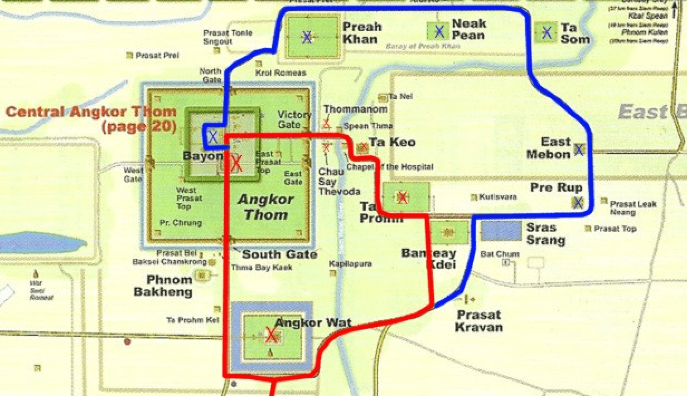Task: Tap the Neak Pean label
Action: click(468, 30)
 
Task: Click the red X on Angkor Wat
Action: click(271, 335)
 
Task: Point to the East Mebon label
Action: click(548, 148)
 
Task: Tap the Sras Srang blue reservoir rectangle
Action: click(501, 230)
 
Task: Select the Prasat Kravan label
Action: click(478, 321)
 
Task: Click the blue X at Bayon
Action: click(212, 136)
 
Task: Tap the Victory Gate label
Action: click(294, 119)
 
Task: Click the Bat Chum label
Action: click(496, 254)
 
